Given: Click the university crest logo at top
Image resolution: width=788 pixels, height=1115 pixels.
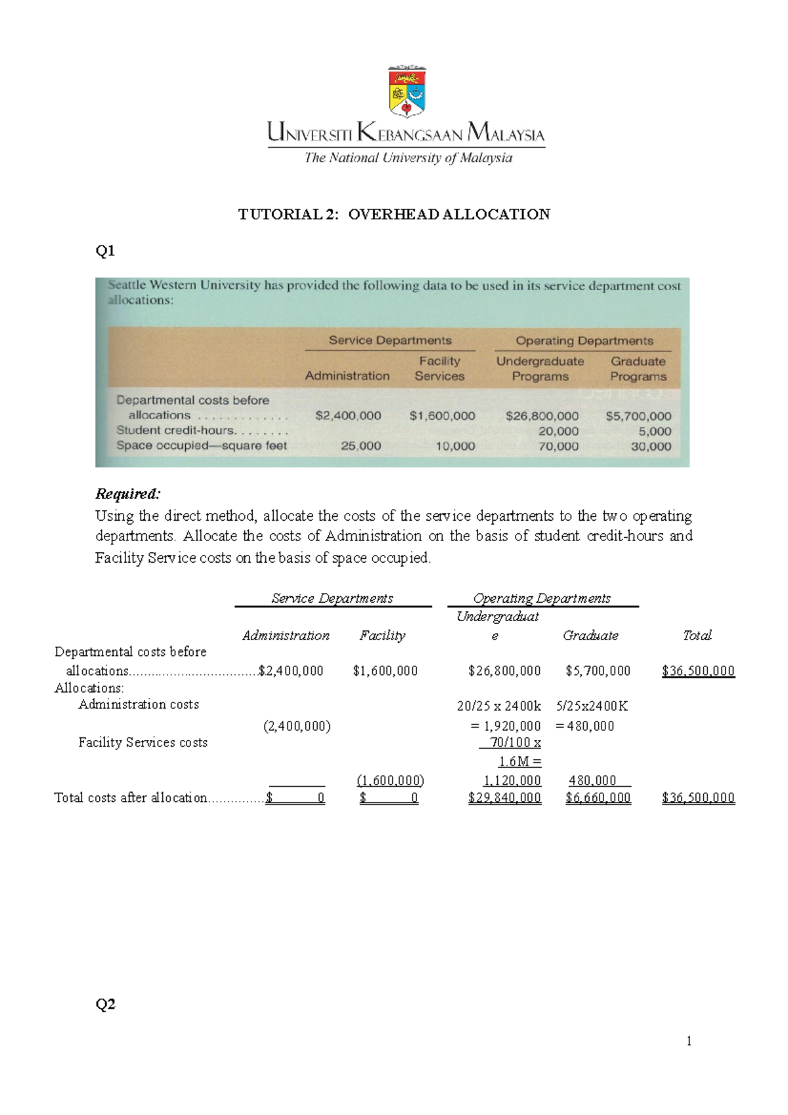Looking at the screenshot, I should (x=407, y=91).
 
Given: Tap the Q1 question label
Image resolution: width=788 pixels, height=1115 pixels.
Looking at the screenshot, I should (x=105, y=250).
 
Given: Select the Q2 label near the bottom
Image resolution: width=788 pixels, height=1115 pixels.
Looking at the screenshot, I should (x=105, y=1003).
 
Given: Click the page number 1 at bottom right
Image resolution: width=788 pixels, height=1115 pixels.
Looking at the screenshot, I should (x=688, y=1040).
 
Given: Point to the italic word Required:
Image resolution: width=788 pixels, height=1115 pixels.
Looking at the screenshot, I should (x=127, y=494).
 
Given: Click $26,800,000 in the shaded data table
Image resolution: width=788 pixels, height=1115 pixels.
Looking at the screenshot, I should (x=542, y=416).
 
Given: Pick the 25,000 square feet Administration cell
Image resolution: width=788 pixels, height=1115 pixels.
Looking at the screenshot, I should (x=361, y=446).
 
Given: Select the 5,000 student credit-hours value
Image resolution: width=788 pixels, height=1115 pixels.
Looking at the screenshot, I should (x=655, y=431).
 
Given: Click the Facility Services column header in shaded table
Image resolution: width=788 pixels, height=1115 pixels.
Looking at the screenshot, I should (x=439, y=368).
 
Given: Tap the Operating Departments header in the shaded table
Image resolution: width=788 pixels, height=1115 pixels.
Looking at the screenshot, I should (x=584, y=341).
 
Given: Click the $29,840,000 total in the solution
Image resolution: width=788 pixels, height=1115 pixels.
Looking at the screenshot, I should (x=504, y=798).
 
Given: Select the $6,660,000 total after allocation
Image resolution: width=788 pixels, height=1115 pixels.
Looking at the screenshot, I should (x=598, y=798).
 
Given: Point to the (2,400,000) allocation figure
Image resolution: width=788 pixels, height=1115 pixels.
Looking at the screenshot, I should (x=297, y=726).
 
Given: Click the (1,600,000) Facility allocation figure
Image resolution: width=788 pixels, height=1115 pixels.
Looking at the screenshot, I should (x=390, y=780).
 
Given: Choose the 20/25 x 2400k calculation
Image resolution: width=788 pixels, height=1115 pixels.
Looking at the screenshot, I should (x=499, y=706).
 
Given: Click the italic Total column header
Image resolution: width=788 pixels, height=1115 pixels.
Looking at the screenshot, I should (x=697, y=635).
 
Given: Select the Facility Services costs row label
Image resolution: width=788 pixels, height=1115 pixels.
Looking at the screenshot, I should (x=142, y=743).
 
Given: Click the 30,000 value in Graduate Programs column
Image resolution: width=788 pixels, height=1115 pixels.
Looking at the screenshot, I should (x=651, y=447).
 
